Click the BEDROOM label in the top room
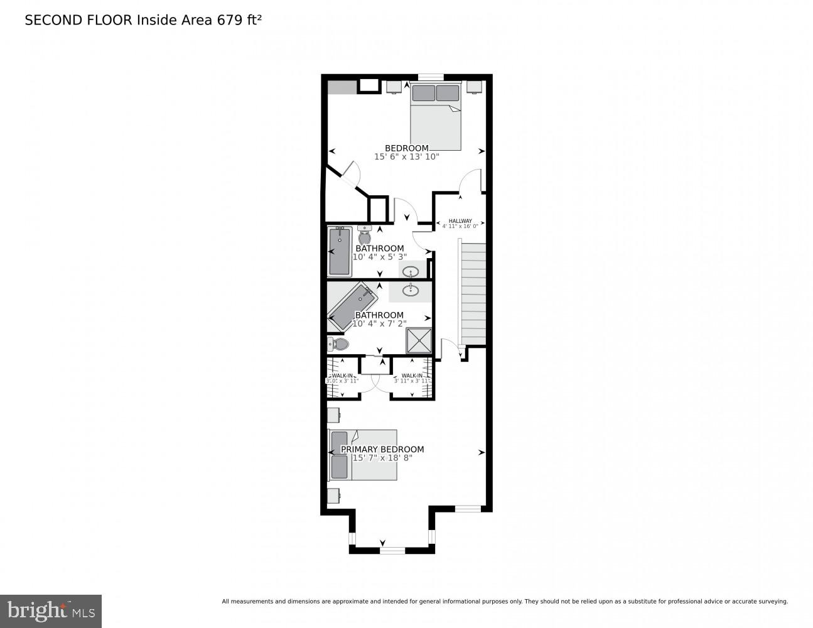tap(406, 148)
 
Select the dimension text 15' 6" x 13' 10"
tap(406, 157)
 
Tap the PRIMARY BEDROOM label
tap(382, 449)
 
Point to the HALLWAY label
tap(460, 221)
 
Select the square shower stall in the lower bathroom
tap(419, 341)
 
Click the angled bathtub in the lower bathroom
tap(352, 306)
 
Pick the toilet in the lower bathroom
tap(338, 344)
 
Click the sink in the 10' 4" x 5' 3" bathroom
tap(411, 272)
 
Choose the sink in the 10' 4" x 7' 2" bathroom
tap(411, 290)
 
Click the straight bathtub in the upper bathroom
tap(340, 251)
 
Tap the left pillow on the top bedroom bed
tap(424, 93)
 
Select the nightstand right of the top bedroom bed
tap(474, 86)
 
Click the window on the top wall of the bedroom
tap(431, 77)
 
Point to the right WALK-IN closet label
tap(412, 376)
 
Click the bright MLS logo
tap(51, 610)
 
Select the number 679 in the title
tap(230, 20)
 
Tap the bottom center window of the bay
tap(392, 550)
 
